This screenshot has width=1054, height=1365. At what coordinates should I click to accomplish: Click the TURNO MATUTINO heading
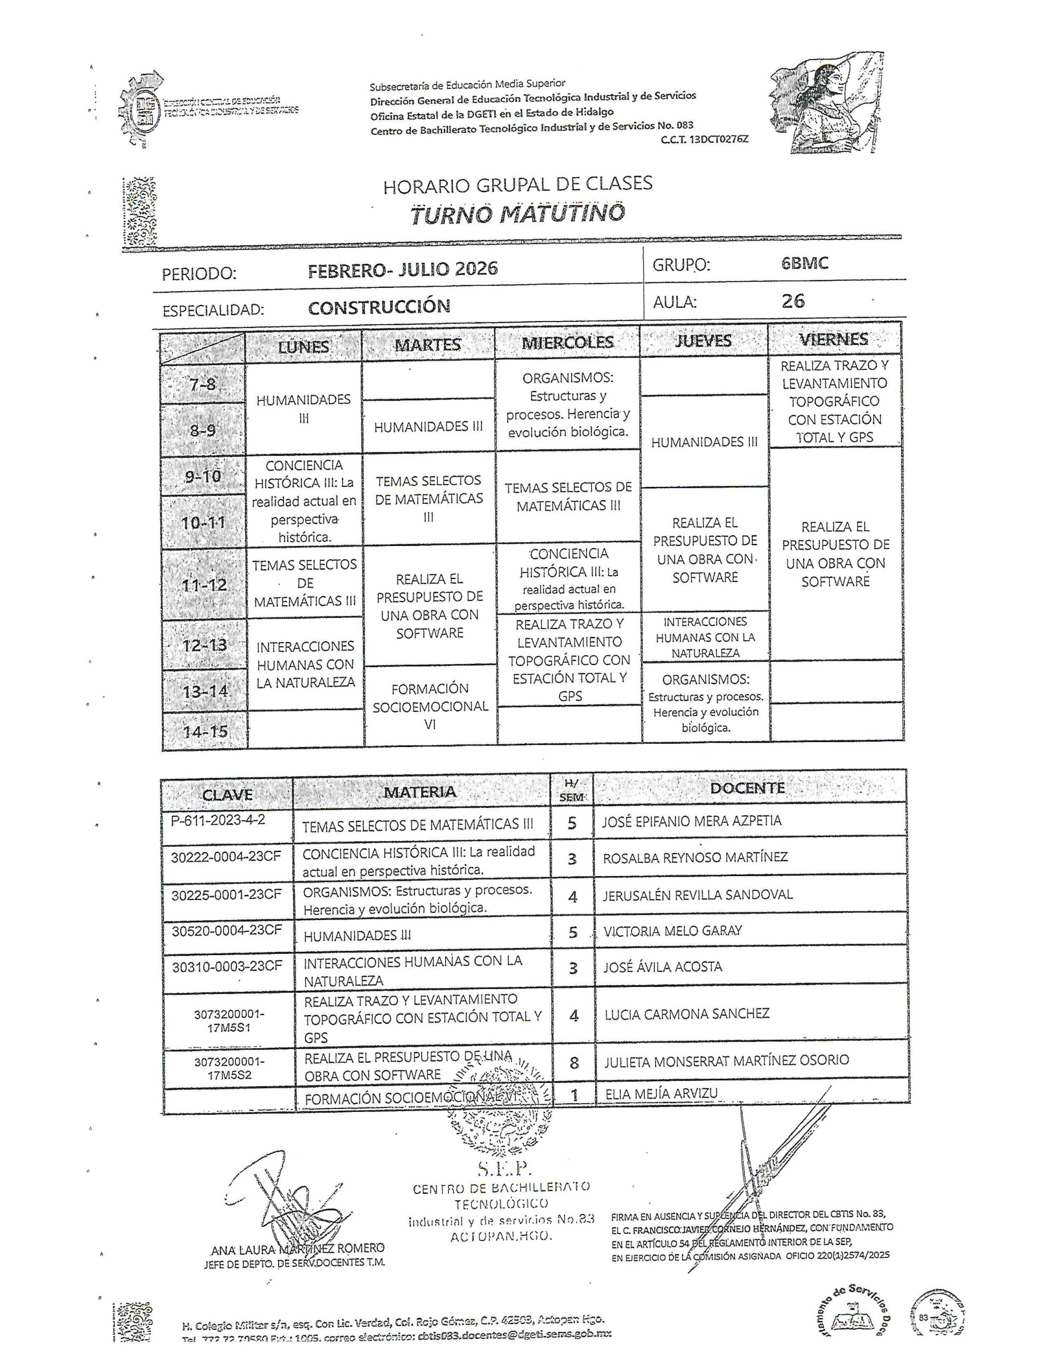[517, 213]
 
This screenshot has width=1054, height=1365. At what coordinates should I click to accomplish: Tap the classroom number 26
[793, 301]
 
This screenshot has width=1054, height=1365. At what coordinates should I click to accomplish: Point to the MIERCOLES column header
[567, 342]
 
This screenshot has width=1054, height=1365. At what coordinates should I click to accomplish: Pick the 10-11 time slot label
[203, 523]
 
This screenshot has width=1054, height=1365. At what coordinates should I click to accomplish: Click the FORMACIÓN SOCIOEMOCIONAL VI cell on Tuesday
[430, 706]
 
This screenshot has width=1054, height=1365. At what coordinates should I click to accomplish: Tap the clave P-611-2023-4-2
[218, 820]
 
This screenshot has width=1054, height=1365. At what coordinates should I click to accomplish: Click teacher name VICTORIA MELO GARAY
[672, 930]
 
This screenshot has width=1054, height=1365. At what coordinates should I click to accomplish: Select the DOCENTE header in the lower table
[747, 788]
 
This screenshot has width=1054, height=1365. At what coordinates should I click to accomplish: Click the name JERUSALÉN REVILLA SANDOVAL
[698, 895]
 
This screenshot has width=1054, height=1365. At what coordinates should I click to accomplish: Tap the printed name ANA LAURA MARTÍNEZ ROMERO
[297, 1249]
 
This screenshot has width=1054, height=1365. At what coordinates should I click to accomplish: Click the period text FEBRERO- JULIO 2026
[402, 269]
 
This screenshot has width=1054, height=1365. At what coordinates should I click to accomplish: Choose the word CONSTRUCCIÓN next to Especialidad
[379, 307]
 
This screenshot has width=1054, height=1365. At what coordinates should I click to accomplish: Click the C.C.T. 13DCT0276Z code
[703, 139]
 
